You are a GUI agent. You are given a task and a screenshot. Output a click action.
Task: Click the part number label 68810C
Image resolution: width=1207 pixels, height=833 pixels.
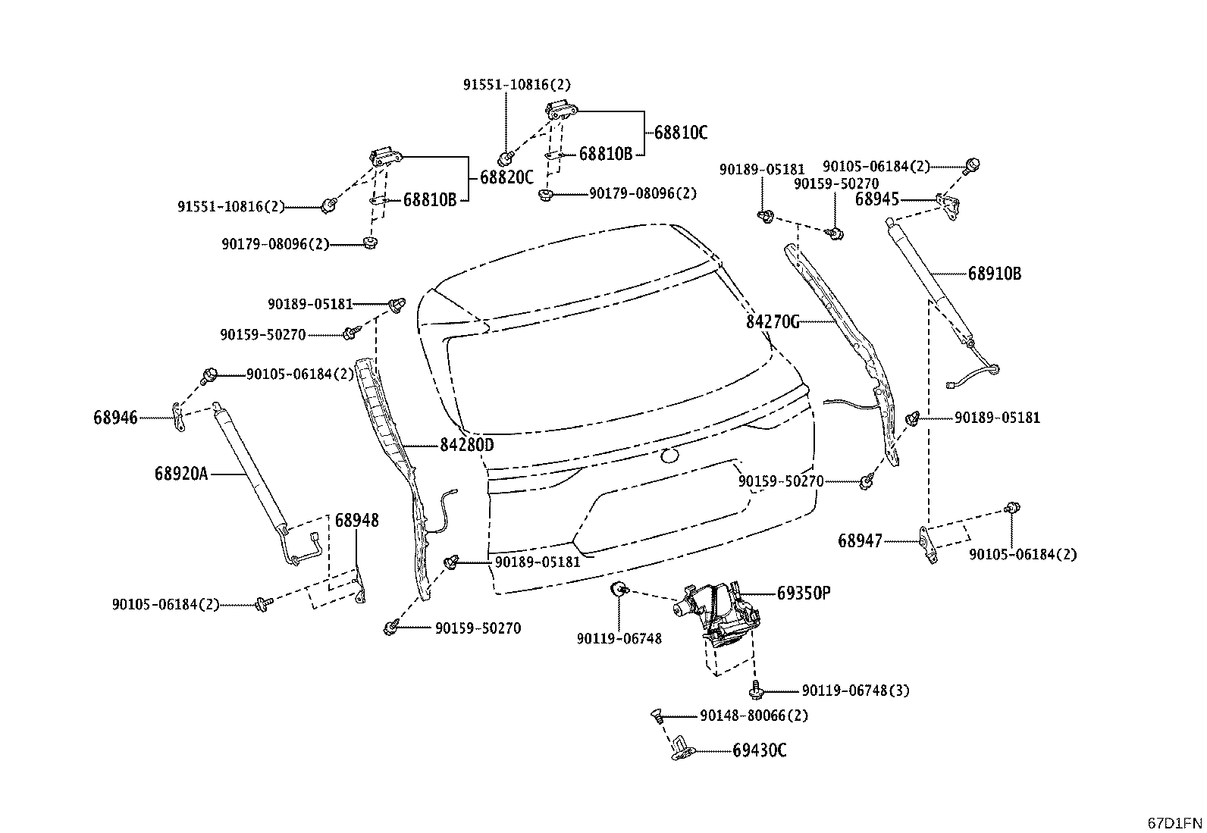pos(681,133)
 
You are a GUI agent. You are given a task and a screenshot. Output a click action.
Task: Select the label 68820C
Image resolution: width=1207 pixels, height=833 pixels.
pos(506,177)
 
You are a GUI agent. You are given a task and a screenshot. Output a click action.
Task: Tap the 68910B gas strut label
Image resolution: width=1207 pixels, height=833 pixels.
pos(994,274)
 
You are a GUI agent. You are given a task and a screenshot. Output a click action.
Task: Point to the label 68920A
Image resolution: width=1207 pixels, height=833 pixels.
pos(181,474)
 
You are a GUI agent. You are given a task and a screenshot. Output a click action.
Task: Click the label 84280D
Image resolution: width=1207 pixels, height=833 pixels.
pos(466,445)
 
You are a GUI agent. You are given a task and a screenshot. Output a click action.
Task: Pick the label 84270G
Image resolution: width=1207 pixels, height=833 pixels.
pos(772,322)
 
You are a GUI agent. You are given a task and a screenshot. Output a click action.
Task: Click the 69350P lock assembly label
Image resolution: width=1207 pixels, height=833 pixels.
pos(804,593)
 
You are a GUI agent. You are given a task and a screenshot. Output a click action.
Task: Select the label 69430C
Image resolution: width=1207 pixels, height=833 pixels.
pos(759,750)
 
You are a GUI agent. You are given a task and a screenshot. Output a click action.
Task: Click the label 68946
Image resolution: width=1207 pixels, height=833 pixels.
pos(115,418)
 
